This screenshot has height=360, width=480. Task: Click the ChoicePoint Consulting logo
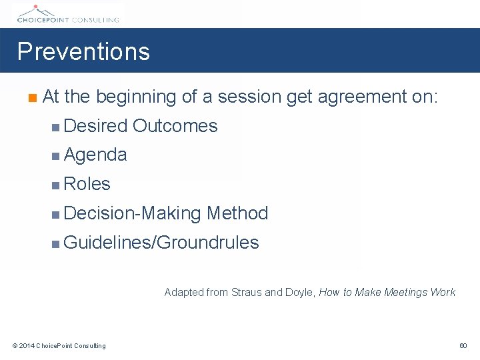point(66,13)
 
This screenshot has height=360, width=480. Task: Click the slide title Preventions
point(83,51)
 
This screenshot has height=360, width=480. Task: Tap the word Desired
point(96,126)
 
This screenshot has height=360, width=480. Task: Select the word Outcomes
point(175,126)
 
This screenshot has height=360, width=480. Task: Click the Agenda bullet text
point(95,155)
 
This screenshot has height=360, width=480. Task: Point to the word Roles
point(87,184)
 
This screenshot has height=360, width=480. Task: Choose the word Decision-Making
point(133,213)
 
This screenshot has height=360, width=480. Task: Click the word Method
point(237,213)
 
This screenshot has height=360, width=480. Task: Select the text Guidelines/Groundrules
point(161,243)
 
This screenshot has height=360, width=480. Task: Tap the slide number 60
point(463,345)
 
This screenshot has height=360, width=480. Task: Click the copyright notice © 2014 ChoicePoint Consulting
point(59,345)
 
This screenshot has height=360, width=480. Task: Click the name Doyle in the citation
point(301,292)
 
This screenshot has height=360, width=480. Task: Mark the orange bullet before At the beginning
point(31,98)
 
